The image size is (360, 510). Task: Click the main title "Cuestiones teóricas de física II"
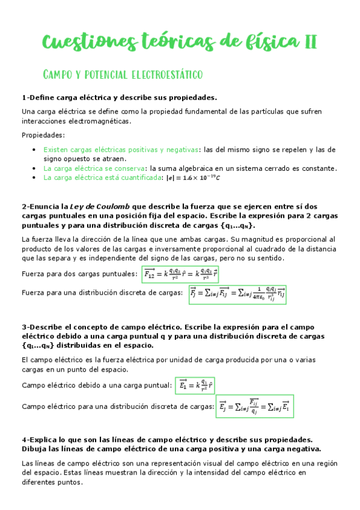(x=180, y=43)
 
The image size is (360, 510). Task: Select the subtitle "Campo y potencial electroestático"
(x=123, y=75)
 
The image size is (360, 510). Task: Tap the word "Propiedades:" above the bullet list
(x=43, y=135)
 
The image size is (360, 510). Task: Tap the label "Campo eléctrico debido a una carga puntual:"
(x=96, y=386)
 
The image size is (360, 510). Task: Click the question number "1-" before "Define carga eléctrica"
(x=25, y=97)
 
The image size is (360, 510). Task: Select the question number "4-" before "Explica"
(x=25, y=440)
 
